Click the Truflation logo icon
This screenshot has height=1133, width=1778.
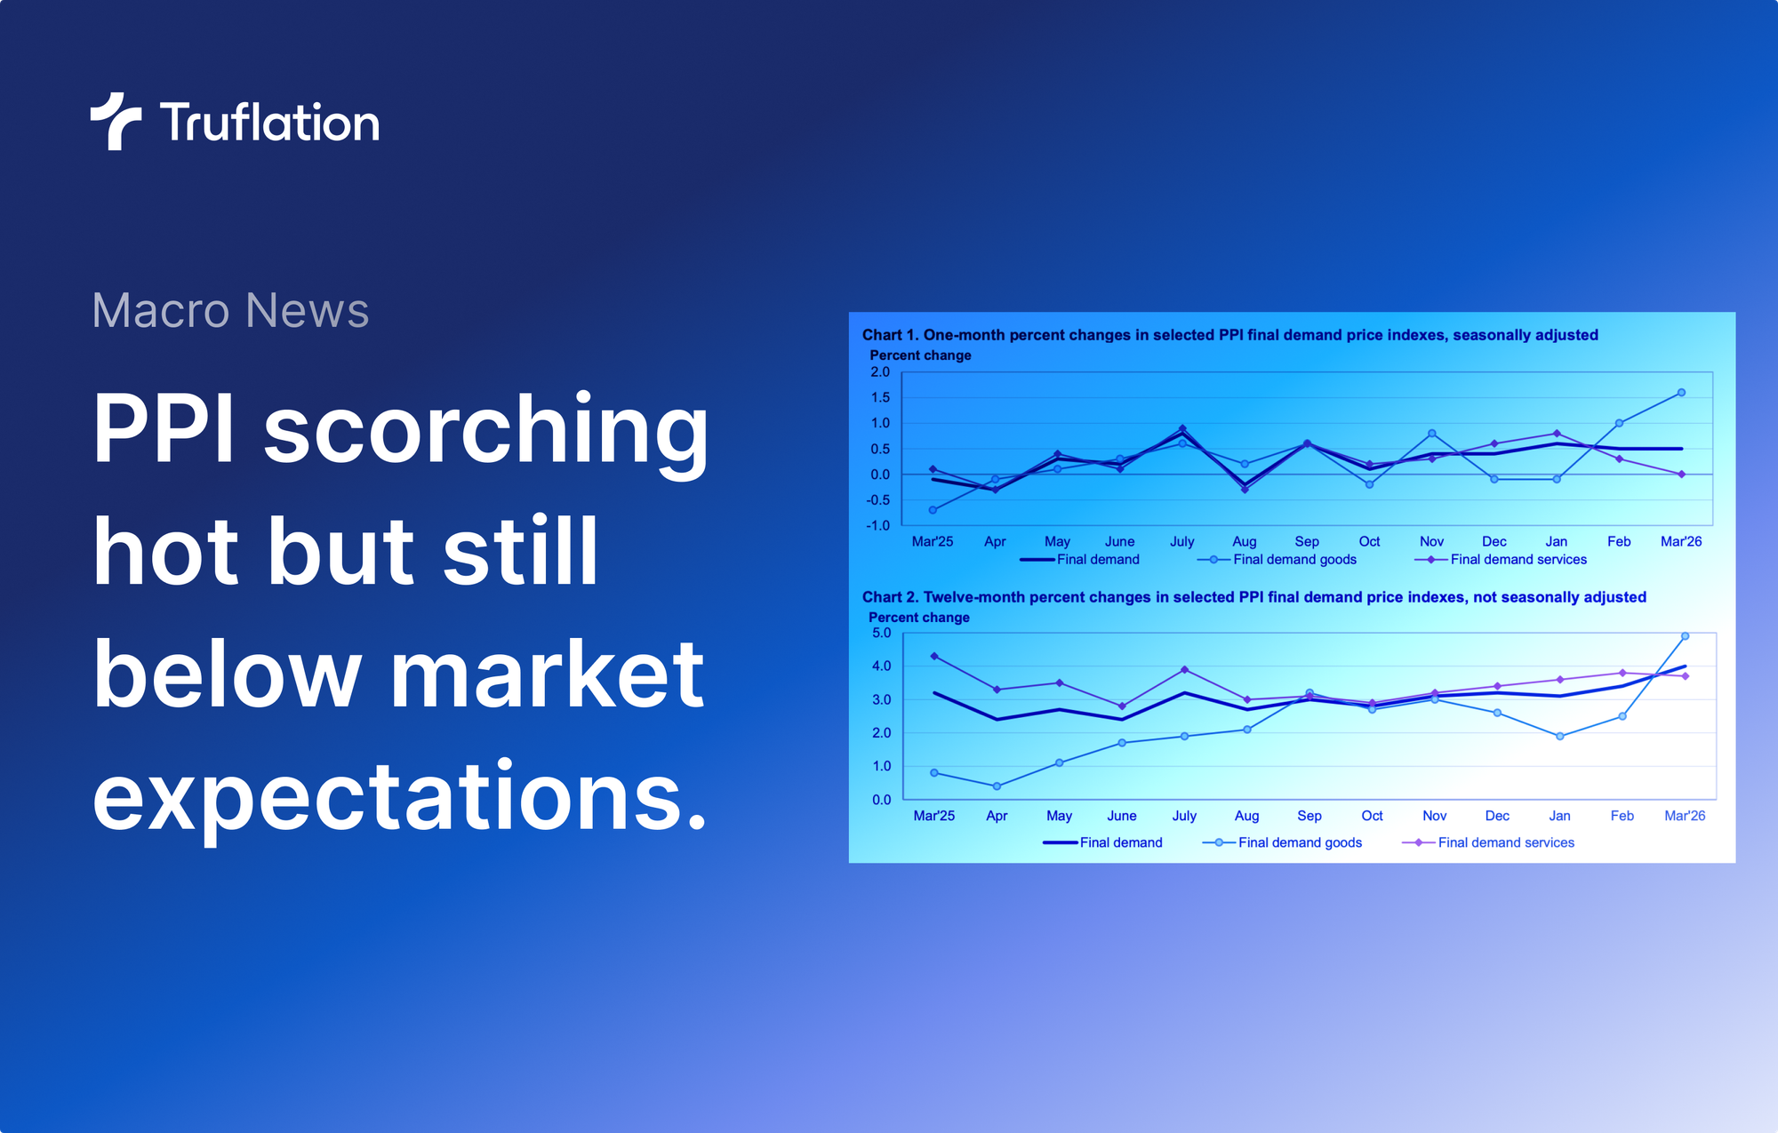116,121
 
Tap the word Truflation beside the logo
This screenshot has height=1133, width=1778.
270,123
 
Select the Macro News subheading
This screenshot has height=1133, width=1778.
230,310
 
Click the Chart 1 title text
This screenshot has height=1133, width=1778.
1229,335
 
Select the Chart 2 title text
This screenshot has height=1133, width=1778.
1253,597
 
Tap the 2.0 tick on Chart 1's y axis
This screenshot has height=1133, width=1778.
879,371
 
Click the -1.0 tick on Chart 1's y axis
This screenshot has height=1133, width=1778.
877,525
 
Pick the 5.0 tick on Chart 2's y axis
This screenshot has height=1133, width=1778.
881,633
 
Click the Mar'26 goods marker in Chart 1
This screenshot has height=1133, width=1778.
1681,392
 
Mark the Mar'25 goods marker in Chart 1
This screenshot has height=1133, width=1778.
933,510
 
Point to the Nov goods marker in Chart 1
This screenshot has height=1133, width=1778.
1431,434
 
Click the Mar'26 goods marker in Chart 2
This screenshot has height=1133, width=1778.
1685,636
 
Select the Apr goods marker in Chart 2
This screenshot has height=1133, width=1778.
997,786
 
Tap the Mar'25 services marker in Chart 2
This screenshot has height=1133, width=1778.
933,656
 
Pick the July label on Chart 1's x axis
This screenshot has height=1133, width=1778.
1181,541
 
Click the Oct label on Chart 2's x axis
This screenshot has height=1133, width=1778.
1372,816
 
